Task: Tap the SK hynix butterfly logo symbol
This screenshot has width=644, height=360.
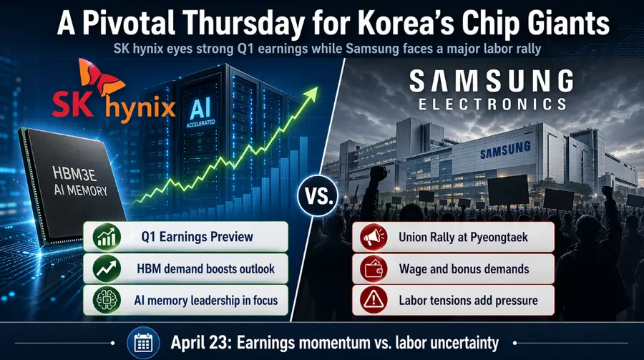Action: pyautogui.click(x=100, y=79)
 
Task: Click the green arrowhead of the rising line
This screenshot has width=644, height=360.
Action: pyautogui.click(x=310, y=94)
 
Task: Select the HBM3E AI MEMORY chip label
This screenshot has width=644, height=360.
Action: pyautogui.click(x=78, y=181)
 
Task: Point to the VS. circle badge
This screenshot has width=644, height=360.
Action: pyautogui.click(x=318, y=195)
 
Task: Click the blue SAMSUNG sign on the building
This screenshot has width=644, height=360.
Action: pyautogui.click(x=505, y=150)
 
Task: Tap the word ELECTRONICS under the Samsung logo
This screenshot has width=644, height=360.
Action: pyautogui.click(x=492, y=104)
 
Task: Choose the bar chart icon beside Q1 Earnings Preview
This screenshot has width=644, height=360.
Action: pyautogui.click(x=107, y=237)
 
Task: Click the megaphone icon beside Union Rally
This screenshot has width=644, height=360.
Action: pyautogui.click(x=374, y=237)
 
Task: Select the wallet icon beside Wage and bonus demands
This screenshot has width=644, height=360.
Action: pyautogui.click(x=374, y=269)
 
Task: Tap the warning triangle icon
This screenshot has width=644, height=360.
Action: pyautogui.click(x=374, y=300)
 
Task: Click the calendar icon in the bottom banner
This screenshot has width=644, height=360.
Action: pyautogui.click(x=143, y=342)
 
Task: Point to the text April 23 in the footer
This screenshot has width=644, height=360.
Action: pyautogui.click(x=201, y=343)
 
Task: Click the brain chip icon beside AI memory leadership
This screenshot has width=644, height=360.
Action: pyautogui.click(x=107, y=300)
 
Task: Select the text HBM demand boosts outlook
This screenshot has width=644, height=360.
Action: pyautogui.click(x=205, y=269)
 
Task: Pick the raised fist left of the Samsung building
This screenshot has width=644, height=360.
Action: pyautogui.click(x=377, y=174)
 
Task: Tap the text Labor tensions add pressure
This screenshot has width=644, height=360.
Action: pyautogui.click(x=468, y=301)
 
